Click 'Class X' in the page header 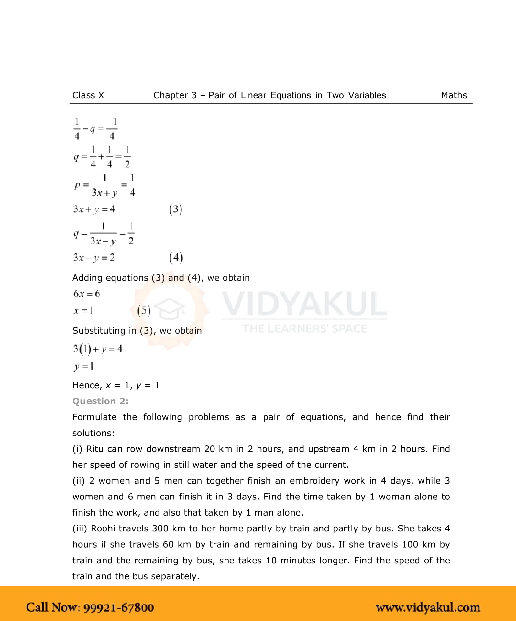[x=88, y=95]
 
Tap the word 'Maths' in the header [x=454, y=95]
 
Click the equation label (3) [x=176, y=209]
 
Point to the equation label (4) [x=176, y=258]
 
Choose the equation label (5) [x=144, y=311]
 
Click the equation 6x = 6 [x=87, y=294]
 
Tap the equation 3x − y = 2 [x=94, y=258]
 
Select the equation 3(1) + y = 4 [x=98, y=349]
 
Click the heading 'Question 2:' [x=100, y=401]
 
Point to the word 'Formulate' [x=94, y=417]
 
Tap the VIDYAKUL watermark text [x=304, y=304]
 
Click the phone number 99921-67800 [x=119, y=607]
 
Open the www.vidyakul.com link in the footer [x=428, y=607]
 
